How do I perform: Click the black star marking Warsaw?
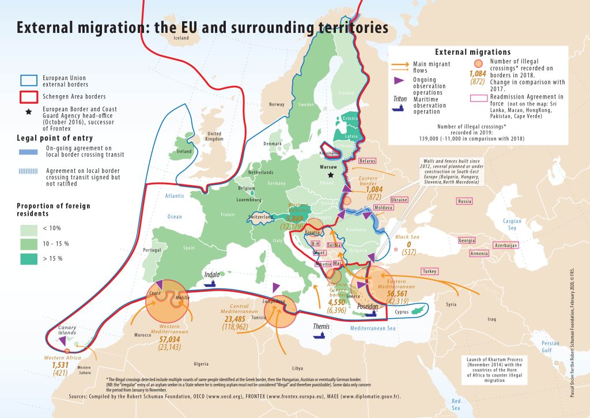tap(331, 175)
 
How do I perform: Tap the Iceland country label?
tap(181, 39)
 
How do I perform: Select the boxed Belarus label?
tap(367, 161)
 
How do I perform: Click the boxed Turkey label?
tap(429, 271)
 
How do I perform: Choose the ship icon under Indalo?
tap(212, 283)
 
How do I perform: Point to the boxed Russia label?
tap(464, 201)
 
